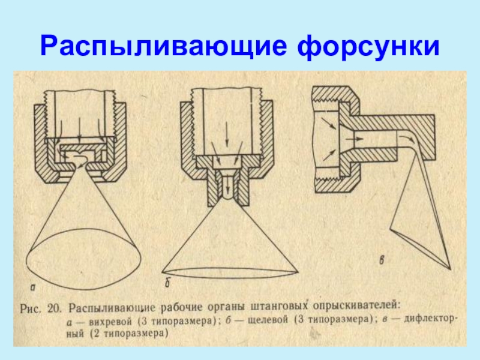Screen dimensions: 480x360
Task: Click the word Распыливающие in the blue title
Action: tap(164, 47)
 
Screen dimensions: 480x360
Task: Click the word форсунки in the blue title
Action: tap(368, 47)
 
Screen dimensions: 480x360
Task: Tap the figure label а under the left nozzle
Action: tap(33, 287)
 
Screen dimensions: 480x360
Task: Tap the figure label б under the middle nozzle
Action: tap(167, 283)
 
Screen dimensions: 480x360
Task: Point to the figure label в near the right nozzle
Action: tap(382, 260)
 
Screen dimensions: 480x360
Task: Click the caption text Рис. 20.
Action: tap(41, 308)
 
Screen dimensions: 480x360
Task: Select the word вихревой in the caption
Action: tap(110, 322)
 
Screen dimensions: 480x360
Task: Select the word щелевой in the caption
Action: tap(268, 320)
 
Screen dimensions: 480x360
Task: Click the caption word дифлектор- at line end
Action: tap(431, 319)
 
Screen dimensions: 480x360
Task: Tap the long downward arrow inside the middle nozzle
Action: tap(227, 134)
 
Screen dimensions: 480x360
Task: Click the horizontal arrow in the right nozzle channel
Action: tap(354, 139)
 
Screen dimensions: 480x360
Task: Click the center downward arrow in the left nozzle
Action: tap(79, 130)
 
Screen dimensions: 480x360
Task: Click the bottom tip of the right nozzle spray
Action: tap(451, 269)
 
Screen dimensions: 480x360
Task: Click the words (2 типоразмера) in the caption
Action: tap(129, 334)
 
